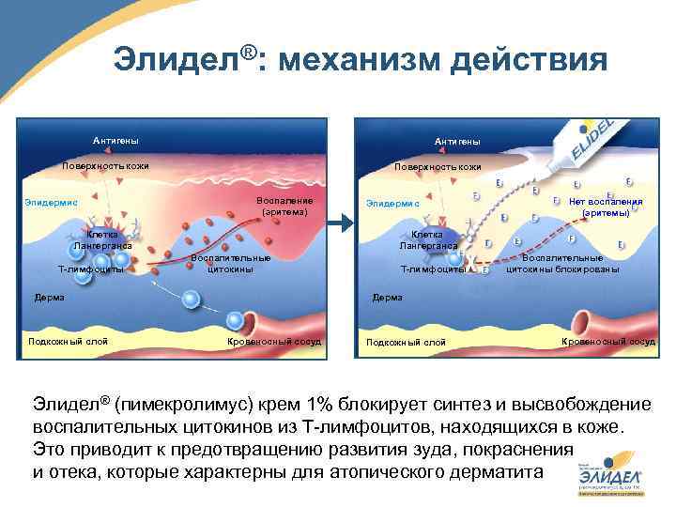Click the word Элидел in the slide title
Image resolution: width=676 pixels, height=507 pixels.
[x=177, y=60]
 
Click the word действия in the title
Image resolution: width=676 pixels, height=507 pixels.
[x=530, y=60]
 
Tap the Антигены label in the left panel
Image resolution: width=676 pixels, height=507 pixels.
[x=115, y=141]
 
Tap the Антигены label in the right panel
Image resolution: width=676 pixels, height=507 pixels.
[x=457, y=142]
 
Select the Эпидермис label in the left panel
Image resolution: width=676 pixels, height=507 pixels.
[x=51, y=201]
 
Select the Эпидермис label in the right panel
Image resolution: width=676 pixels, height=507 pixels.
[x=392, y=202]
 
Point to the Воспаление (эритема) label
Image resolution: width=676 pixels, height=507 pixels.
[x=285, y=207]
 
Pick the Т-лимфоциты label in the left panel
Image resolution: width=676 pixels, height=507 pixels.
[x=91, y=269]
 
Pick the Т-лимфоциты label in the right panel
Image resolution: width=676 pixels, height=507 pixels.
[x=433, y=269]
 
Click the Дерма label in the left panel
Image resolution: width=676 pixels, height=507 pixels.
[x=49, y=298]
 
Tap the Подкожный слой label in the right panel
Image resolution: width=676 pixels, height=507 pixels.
[x=406, y=342]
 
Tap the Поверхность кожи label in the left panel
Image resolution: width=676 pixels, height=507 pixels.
[x=105, y=166]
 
